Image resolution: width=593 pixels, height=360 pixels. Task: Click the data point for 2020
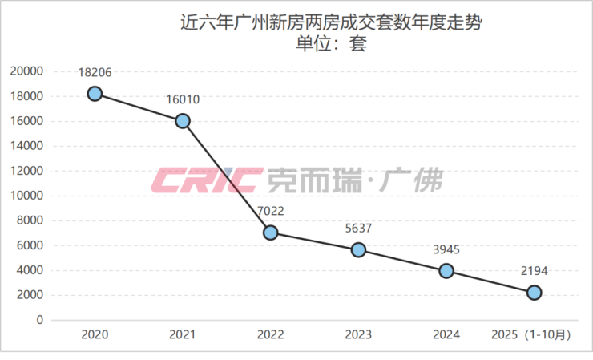95,94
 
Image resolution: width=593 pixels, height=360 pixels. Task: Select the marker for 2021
183,121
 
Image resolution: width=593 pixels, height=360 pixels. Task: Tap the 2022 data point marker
271,233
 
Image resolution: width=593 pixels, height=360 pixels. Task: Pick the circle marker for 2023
358,249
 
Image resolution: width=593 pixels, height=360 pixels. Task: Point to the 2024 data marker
446,271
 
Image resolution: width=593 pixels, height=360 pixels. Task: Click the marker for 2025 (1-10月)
534,293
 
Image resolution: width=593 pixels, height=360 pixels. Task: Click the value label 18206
95,72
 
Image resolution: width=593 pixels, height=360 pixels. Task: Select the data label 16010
183,99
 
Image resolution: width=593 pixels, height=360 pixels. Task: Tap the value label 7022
271,211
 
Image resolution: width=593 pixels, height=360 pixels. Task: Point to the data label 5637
358,228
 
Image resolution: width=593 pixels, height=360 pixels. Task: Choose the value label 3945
446,249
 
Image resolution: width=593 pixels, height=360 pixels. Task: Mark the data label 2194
534,271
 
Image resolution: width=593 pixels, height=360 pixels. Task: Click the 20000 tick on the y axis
26,71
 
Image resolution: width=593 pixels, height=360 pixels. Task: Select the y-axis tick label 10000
26,196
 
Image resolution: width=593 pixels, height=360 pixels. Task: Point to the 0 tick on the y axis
38,320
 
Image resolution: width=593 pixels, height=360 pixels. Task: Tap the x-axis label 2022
271,336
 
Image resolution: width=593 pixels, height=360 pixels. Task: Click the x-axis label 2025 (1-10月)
534,336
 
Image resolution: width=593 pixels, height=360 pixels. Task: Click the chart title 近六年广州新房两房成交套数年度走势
331,23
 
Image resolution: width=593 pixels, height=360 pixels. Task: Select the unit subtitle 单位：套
331,44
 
